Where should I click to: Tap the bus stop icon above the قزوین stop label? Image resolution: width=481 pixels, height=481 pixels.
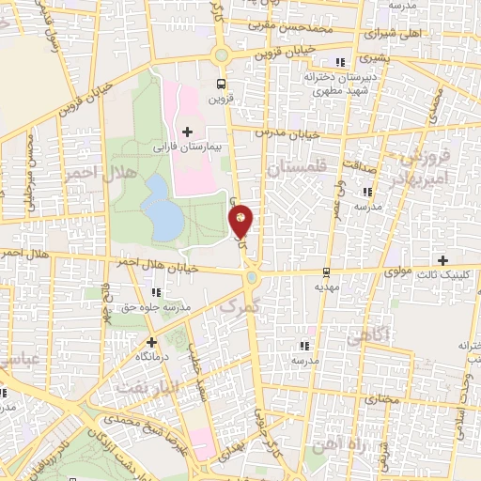pos(221,81)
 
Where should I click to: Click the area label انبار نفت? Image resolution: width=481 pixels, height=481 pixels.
pos(142,386)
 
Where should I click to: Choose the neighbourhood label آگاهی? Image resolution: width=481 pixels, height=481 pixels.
pos(369,335)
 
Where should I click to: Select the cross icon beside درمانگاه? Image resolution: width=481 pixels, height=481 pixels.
pos(152,342)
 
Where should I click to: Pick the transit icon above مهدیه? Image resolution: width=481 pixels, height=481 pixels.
pos(325,270)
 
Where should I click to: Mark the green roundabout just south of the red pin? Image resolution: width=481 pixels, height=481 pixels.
pos(252,278)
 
